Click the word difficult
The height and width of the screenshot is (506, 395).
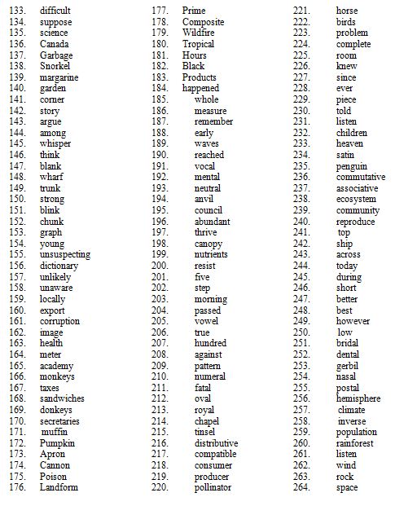[55, 11]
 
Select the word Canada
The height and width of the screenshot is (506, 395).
[54, 44]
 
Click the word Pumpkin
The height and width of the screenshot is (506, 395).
[57, 443]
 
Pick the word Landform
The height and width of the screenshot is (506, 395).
[59, 487]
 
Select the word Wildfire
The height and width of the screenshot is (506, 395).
[200, 33]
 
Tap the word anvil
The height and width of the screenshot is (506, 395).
[204, 199]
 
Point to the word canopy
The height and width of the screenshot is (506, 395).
[208, 244]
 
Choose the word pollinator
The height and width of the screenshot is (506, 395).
[213, 487]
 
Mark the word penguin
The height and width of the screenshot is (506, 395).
[352, 165]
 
